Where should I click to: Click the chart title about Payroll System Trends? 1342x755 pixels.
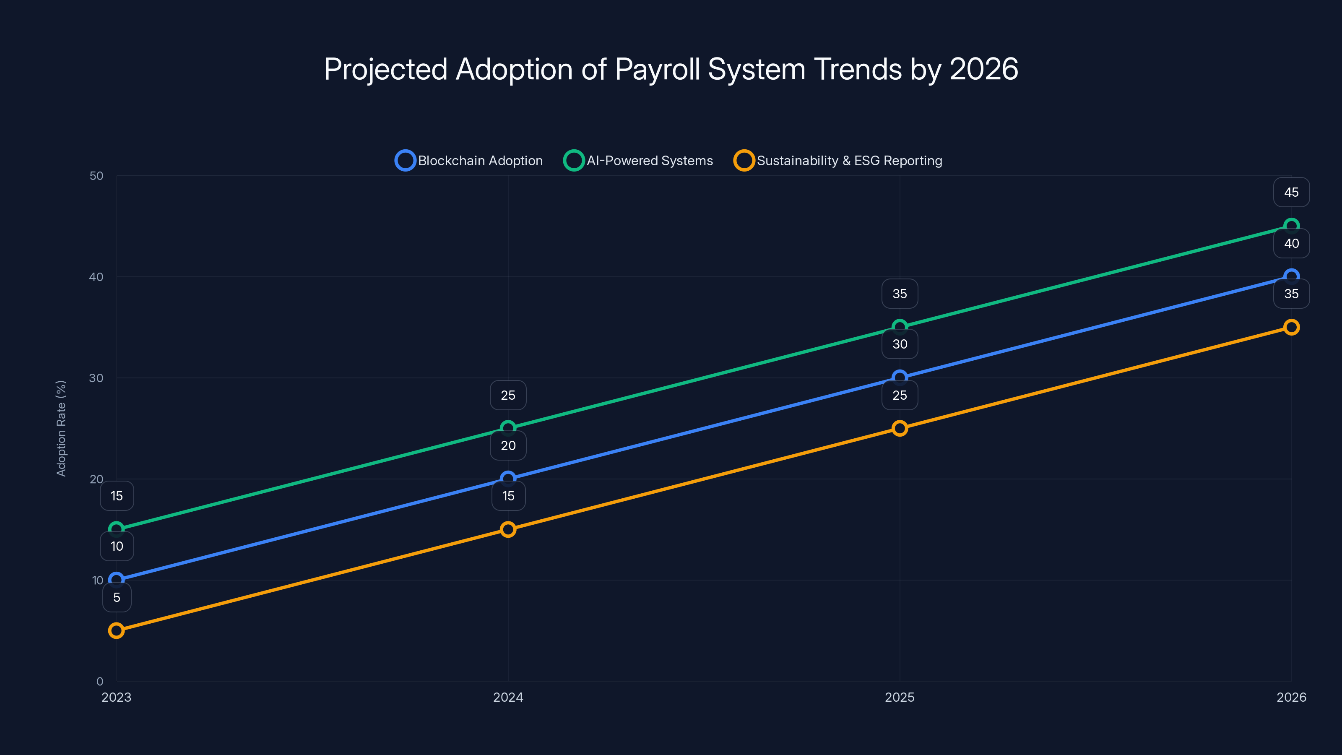pyautogui.click(x=671, y=69)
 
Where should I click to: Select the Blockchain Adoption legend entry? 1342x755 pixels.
pyautogui.click(x=469, y=161)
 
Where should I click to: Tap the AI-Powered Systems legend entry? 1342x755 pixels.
pyautogui.click(x=638, y=161)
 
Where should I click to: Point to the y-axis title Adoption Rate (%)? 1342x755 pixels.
pyautogui.click(x=61, y=428)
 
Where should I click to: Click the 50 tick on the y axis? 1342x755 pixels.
pyautogui.click(x=96, y=176)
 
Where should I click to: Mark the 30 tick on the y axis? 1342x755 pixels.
pyautogui.click(x=96, y=378)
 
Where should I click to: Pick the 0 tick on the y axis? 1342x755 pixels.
pyautogui.click(x=99, y=681)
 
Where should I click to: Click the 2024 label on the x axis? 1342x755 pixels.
pyautogui.click(x=508, y=697)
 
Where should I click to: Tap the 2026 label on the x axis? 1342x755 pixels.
pyautogui.click(x=1291, y=697)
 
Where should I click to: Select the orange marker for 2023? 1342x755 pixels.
pyautogui.click(x=116, y=630)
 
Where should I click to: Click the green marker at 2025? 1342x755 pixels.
pyautogui.click(x=900, y=327)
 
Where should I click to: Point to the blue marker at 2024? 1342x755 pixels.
pyautogui.click(x=508, y=478)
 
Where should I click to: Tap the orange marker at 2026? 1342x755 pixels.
pyautogui.click(x=1291, y=327)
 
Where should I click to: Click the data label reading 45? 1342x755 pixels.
pyautogui.click(x=1291, y=192)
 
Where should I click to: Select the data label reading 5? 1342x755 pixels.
pyautogui.click(x=117, y=597)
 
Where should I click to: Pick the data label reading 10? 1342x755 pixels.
pyautogui.click(x=117, y=546)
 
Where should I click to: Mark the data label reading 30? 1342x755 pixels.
pyautogui.click(x=900, y=344)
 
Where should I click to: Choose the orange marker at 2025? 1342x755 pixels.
pyautogui.click(x=900, y=428)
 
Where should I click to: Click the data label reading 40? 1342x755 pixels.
pyautogui.click(x=1291, y=243)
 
